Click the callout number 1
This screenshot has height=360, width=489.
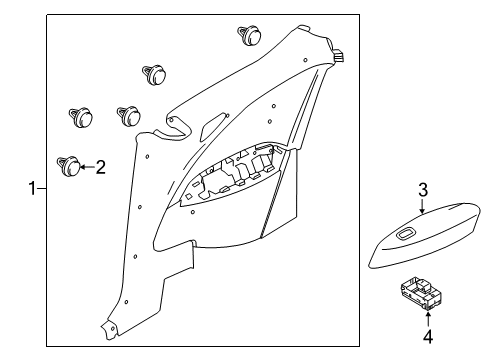[32, 189]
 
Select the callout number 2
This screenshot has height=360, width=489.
[100, 167]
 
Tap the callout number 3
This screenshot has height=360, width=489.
[423, 190]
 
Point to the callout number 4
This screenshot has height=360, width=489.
[428, 336]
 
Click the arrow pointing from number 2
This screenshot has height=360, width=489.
[87, 167]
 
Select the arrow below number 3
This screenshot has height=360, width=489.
[422, 206]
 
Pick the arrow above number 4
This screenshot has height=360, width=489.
[428, 318]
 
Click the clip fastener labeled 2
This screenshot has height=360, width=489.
[69, 166]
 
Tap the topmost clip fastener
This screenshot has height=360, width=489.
[249, 35]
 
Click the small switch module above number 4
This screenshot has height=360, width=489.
[422, 294]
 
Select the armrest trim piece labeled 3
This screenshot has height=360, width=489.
[425, 235]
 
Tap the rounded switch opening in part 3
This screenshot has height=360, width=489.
[406, 233]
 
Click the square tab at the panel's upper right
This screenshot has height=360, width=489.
[339, 55]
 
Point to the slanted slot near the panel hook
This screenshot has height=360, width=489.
[213, 127]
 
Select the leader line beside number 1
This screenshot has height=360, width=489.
[41, 189]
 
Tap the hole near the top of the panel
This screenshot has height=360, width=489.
[305, 60]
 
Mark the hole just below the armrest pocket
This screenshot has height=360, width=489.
[192, 211]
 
